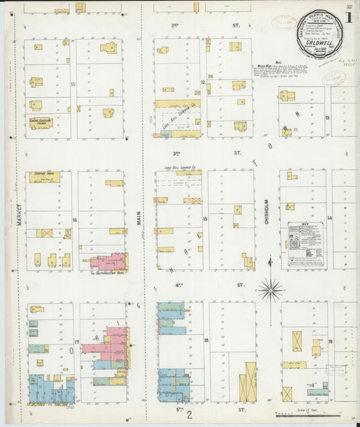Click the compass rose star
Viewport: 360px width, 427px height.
pyautogui.click(x=270, y=290)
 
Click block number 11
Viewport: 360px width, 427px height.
pyautogui.click(x=72, y=84)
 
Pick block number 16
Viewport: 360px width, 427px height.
pyautogui.click(x=74, y=220)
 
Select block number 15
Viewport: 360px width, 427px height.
pyautogui.click(x=204, y=219)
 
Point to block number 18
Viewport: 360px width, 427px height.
pyautogui.click(x=206, y=341)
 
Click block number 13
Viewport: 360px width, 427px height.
pyautogui.click(x=327, y=118)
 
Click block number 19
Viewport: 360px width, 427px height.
pyautogui.click(x=330, y=342)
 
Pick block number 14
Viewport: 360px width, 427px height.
pyautogui.click(x=330, y=218)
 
